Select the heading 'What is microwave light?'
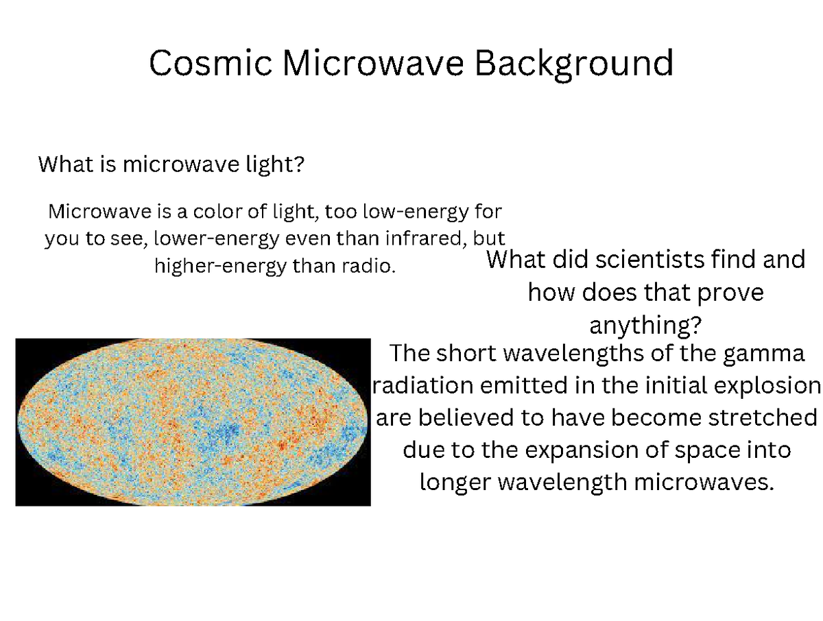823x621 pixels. point(171,165)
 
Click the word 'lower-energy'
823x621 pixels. point(212,239)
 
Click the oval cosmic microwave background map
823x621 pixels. point(193,422)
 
